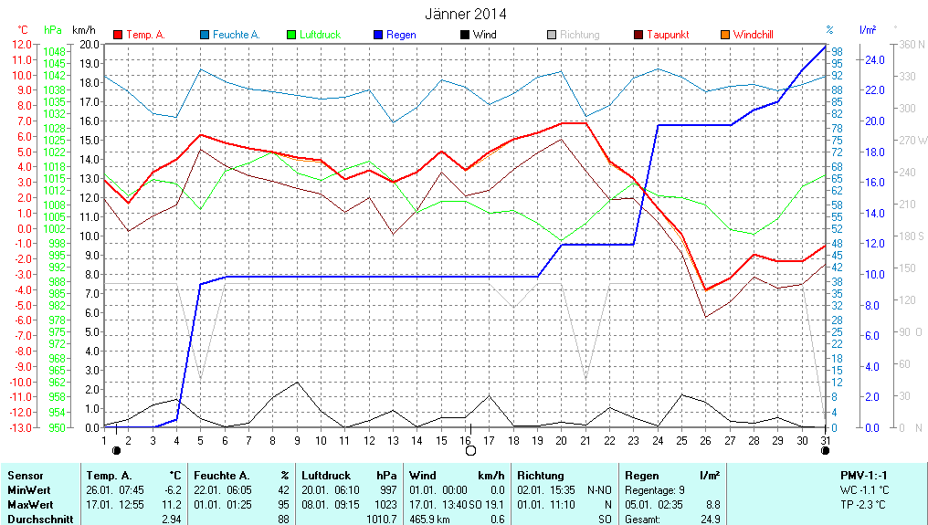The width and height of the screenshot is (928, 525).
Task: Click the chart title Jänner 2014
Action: click(465, 14)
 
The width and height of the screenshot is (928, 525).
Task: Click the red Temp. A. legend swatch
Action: click(118, 35)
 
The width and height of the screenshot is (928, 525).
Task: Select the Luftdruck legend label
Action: click(325, 35)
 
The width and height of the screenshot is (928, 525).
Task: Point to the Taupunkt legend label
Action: click(668, 35)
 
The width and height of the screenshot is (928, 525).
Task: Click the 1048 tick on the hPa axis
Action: click(55, 51)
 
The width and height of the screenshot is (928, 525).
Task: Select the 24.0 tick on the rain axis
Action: click(874, 59)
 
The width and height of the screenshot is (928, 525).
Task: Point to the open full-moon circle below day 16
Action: click(470, 450)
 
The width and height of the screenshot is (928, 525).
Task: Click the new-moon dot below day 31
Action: click(826, 450)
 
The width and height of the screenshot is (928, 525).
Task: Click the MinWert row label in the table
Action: click(28, 490)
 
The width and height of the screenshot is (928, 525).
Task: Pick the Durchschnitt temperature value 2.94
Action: click(172, 520)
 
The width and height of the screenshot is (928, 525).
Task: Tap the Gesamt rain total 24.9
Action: click(710, 520)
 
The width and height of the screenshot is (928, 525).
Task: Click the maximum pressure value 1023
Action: click(385, 505)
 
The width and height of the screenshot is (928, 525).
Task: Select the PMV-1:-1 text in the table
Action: click(863, 476)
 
